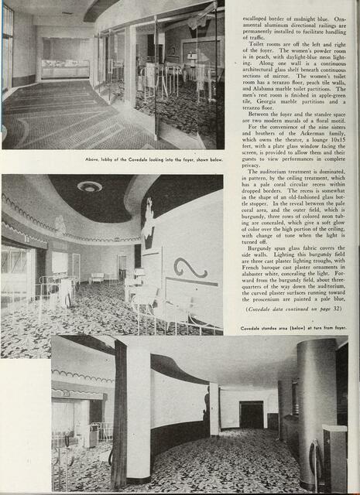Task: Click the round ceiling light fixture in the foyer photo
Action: tap(90, 186)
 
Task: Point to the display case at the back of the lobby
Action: tap(65, 69)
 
